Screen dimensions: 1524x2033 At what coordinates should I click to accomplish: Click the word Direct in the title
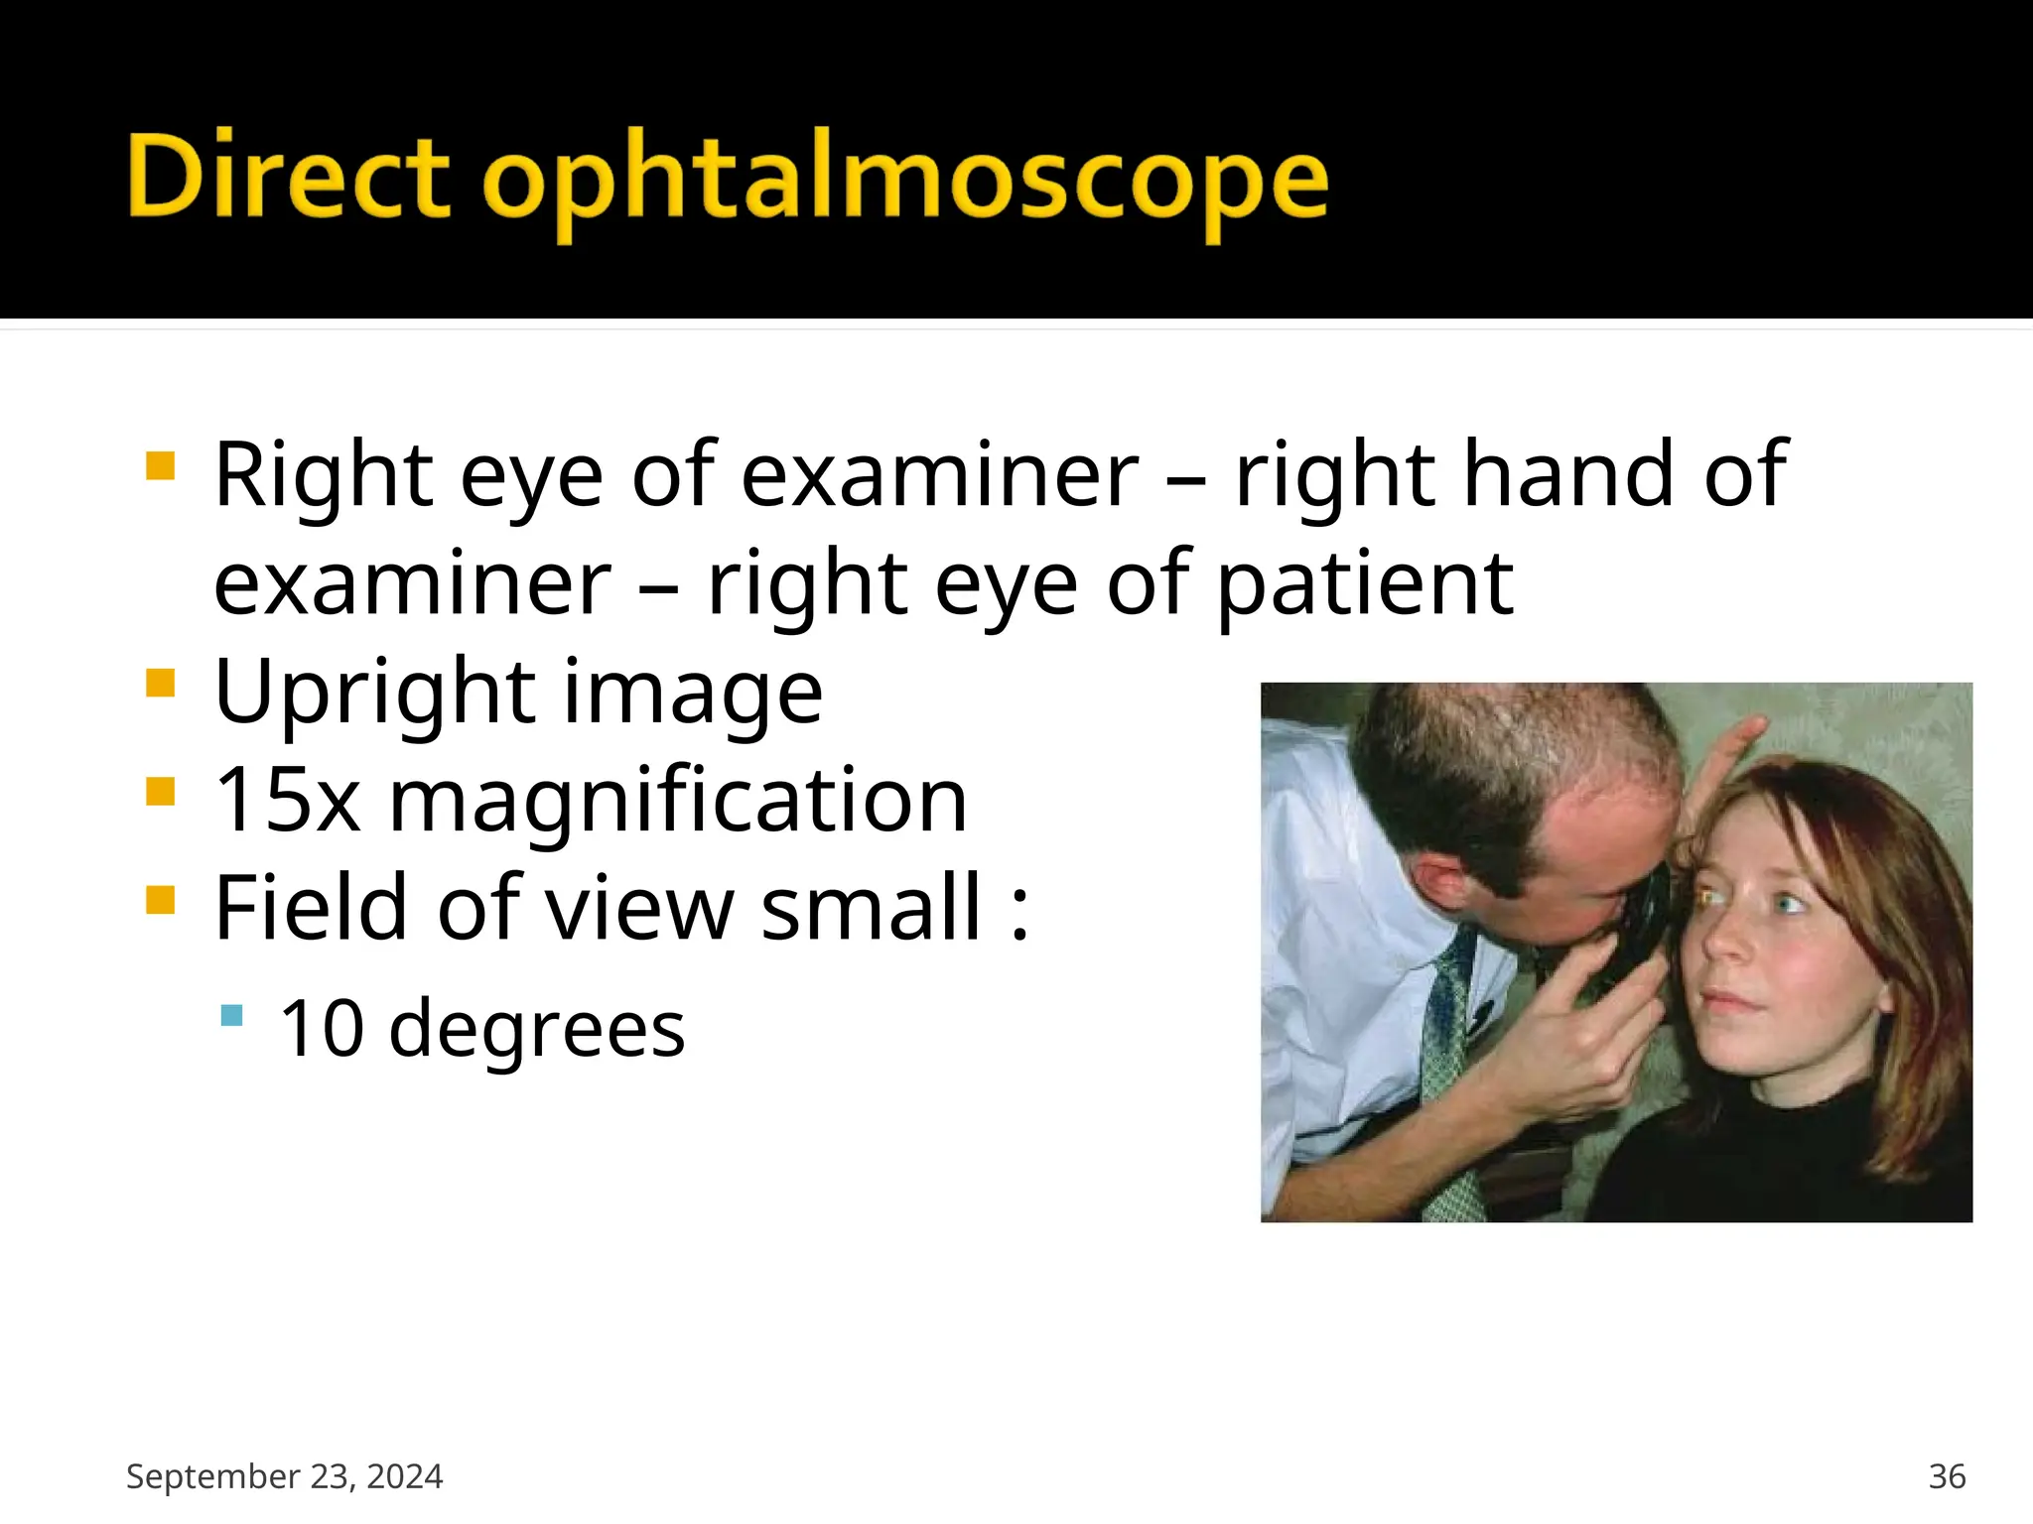(288, 177)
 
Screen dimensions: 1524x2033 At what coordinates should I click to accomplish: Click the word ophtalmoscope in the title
(905, 181)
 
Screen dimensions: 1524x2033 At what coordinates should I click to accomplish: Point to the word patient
(1365, 585)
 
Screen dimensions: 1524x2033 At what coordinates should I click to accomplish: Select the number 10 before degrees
(322, 1028)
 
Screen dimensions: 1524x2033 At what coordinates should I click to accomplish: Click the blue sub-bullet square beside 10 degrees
(232, 1015)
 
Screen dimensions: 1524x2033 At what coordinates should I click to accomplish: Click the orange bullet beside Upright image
(160, 684)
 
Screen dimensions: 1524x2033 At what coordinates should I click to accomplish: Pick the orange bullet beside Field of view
(160, 900)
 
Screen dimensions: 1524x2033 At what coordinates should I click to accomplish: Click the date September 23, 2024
(284, 1476)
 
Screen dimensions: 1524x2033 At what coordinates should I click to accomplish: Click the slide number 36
(1947, 1476)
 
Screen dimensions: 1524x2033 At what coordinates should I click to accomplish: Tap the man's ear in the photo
(1439, 878)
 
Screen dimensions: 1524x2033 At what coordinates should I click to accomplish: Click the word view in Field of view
(640, 907)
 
